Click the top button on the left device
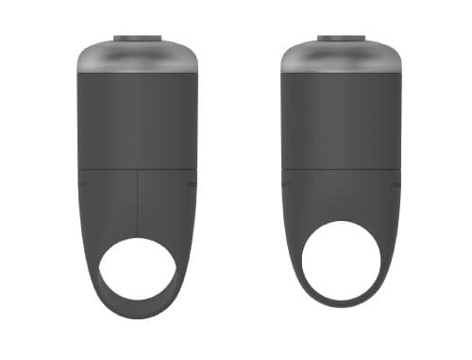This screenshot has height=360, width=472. point(138,39)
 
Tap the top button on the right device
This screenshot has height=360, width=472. point(341,39)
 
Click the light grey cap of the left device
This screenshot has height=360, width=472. point(138,59)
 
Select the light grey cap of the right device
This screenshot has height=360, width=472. point(341,59)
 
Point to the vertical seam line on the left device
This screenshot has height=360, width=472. point(138,203)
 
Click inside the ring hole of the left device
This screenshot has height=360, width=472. point(138,269)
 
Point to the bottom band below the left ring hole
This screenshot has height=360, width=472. point(138,309)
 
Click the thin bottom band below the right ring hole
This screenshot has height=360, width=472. point(341,302)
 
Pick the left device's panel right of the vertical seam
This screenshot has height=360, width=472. point(168,203)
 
